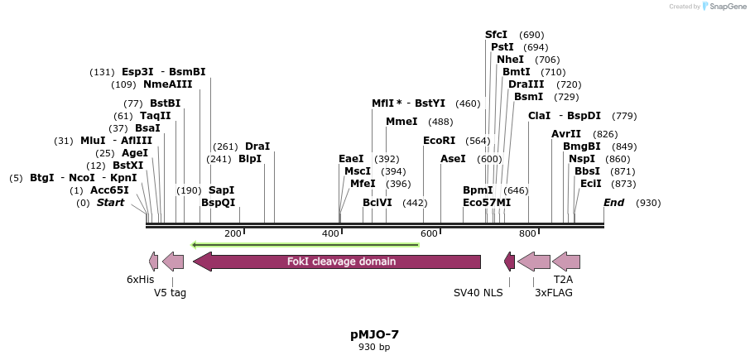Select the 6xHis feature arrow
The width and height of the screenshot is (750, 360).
[x=152, y=262]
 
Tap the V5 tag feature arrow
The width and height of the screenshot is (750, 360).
[x=173, y=262]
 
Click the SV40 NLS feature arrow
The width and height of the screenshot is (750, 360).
[x=510, y=262]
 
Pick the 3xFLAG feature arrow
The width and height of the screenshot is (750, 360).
[x=534, y=262]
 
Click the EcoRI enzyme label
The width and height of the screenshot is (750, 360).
[x=439, y=141]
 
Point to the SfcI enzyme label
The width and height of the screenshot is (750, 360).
[x=496, y=35]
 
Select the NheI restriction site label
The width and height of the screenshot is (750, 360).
[x=510, y=60]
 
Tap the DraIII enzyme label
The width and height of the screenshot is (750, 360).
[x=526, y=84]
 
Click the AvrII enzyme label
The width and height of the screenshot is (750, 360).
[x=566, y=134]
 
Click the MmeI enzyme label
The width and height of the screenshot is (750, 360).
[x=401, y=122]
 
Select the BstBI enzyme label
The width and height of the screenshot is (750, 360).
[x=165, y=103]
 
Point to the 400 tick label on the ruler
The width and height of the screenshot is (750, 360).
[x=331, y=234]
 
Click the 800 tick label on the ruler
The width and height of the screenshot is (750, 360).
[x=527, y=234]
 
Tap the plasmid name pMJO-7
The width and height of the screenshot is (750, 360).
[x=374, y=334]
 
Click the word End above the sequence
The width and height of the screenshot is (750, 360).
[x=613, y=203]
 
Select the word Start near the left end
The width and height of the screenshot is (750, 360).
[x=110, y=203]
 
